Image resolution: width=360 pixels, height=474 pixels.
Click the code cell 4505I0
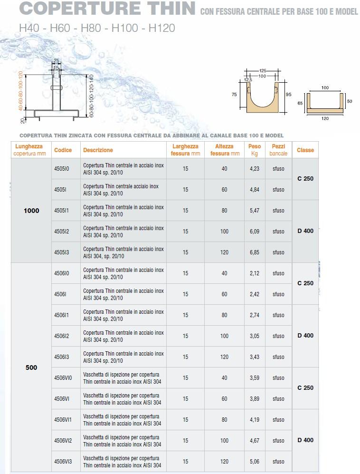pyautogui.click(x=62, y=169)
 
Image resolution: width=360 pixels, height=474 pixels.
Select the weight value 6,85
pyautogui.click(x=254, y=252)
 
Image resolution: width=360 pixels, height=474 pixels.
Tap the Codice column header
pyautogui.click(x=63, y=150)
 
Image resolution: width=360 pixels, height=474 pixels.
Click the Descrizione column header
pyautogui.click(x=98, y=150)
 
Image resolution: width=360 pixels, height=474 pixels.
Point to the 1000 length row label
pyautogui.click(x=31, y=211)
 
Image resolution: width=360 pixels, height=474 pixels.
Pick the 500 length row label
pyautogui.click(x=31, y=368)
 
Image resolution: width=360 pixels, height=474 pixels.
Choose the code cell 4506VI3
pyautogui.click(x=63, y=462)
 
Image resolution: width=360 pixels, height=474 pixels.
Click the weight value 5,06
pyautogui.click(x=254, y=462)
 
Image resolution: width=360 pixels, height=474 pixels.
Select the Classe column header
pyautogui.click(x=305, y=150)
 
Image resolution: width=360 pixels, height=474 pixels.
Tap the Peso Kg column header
pyautogui.click(x=255, y=150)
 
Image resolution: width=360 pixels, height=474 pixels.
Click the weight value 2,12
pyautogui.click(x=254, y=273)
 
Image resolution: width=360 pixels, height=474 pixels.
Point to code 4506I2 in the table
pyautogui.click(x=62, y=336)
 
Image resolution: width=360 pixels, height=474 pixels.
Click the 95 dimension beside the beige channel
pyautogui.click(x=288, y=94)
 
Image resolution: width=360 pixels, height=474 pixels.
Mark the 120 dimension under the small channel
pyautogui.click(x=325, y=118)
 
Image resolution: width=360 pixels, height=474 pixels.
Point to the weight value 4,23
pyautogui.click(x=254, y=169)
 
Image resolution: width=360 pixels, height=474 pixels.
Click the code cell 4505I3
pyautogui.click(x=62, y=252)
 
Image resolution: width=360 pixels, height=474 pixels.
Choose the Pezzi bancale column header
pyautogui.click(x=278, y=150)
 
